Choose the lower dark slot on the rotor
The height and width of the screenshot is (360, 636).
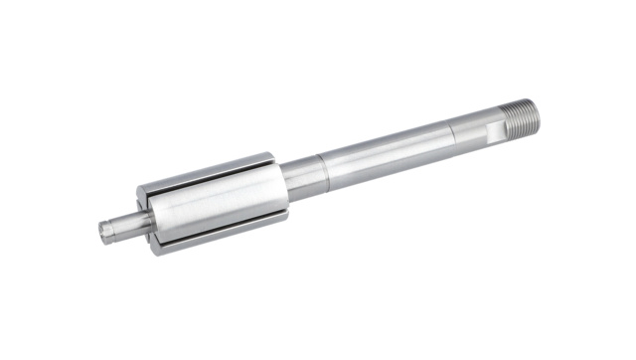224,231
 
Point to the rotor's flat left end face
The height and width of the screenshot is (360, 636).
144,214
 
